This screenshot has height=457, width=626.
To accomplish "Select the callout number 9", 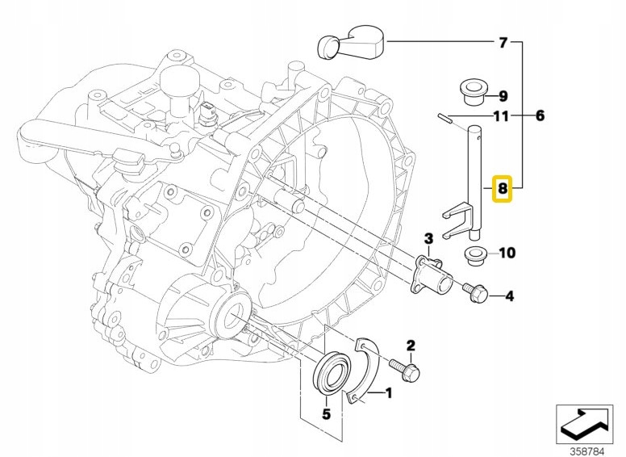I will [503, 95].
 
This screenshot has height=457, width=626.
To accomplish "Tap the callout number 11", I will [502, 116].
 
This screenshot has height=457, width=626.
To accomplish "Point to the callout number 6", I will [539, 116].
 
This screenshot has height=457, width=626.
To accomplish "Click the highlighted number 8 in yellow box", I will [502, 190].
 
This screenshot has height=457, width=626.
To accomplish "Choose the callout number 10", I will [506, 253].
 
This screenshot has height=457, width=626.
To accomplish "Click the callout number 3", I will [428, 237].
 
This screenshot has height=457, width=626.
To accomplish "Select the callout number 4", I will [508, 297].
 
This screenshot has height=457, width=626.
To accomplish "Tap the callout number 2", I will [410, 346].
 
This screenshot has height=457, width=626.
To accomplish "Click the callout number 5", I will [327, 415].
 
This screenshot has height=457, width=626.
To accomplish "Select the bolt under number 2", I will [407, 370].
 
